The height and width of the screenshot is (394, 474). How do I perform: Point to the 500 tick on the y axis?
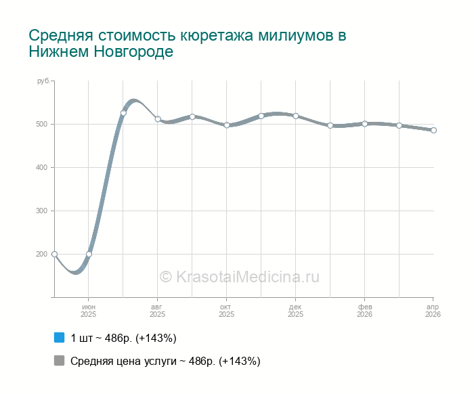pyautogui.click(x=41, y=124)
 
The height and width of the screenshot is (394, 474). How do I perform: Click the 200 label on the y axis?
pyautogui.click(x=41, y=254)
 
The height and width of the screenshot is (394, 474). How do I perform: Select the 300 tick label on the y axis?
pyautogui.click(x=41, y=211)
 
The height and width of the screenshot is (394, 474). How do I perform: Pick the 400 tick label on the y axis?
pyautogui.click(x=41, y=167)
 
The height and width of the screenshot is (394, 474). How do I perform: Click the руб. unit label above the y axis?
pyautogui.click(x=43, y=81)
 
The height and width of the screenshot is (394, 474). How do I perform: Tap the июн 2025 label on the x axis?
pyautogui.click(x=89, y=311)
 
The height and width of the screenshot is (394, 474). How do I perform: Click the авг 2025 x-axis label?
pyautogui.click(x=157, y=311)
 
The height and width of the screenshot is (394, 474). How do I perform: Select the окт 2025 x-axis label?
pyautogui.click(x=226, y=311)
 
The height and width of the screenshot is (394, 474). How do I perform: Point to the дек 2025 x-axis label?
pyautogui.click(x=295, y=311)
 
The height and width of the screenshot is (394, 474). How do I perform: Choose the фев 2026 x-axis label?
pyautogui.click(x=364, y=311)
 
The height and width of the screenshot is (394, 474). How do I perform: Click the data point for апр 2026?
pyautogui.click(x=433, y=130)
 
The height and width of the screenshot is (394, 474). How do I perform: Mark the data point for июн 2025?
pyautogui.click(x=89, y=254)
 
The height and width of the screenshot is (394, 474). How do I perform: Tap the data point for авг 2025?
pyautogui.click(x=158, y=119)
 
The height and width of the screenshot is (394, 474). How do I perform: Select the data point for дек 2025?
pyautogui.click(x=296, y=116)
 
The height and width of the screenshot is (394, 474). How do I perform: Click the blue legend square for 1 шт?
pyautogui.click(x=59, y=337)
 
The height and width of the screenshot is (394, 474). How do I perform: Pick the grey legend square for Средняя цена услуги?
pyautogui.click(x=59, y=361)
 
